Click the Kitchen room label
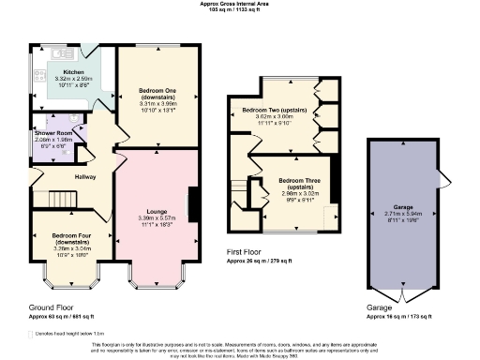click(x=74, y=71)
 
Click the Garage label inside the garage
click(x=403, y=206)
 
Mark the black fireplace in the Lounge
click(x=192, y=203)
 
